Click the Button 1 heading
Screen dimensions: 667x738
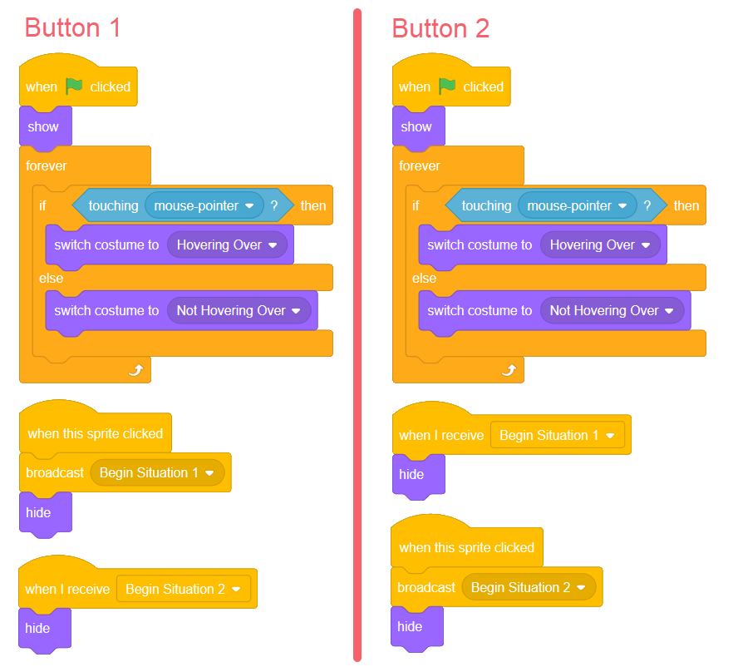pos(73,27)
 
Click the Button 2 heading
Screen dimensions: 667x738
pos(440,28)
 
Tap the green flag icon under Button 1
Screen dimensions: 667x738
pos(74,86)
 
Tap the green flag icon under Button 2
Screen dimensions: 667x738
pos(447,86)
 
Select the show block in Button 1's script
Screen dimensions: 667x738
pos(44,127)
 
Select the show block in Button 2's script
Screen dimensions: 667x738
pos(417,127)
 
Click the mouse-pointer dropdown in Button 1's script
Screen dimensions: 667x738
pos(204,205)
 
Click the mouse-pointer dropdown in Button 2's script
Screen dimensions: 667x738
pos(578,205)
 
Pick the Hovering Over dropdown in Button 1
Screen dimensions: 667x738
pos(227,245)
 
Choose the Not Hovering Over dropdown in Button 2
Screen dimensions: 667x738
pos(612,311)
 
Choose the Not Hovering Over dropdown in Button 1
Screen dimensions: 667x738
pos(239,311)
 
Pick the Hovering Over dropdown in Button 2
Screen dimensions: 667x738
pos(600,245)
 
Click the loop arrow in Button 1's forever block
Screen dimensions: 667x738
pos(135,370)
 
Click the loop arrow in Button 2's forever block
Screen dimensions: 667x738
pos(508,370)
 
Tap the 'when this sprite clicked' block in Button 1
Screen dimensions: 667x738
pos(95,433)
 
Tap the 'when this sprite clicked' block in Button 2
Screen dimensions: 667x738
pos(466,547)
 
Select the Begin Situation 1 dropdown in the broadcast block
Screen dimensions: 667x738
pos(157,473)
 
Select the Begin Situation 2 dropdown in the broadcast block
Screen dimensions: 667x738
pos(529,587)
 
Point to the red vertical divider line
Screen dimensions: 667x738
pos(357,333)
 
